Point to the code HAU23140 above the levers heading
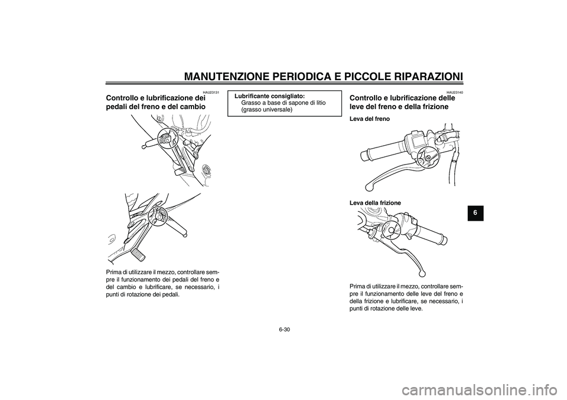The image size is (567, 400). point(455,93)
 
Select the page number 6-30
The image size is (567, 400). point(285,329)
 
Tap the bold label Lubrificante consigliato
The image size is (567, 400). point(270,96)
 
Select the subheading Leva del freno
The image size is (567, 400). point(370,119)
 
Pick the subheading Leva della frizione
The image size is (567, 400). point(375,203)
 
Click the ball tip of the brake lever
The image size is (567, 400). point(369,187)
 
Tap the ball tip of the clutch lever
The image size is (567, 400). point(422,274)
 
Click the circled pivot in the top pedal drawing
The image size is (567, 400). point(167,138)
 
